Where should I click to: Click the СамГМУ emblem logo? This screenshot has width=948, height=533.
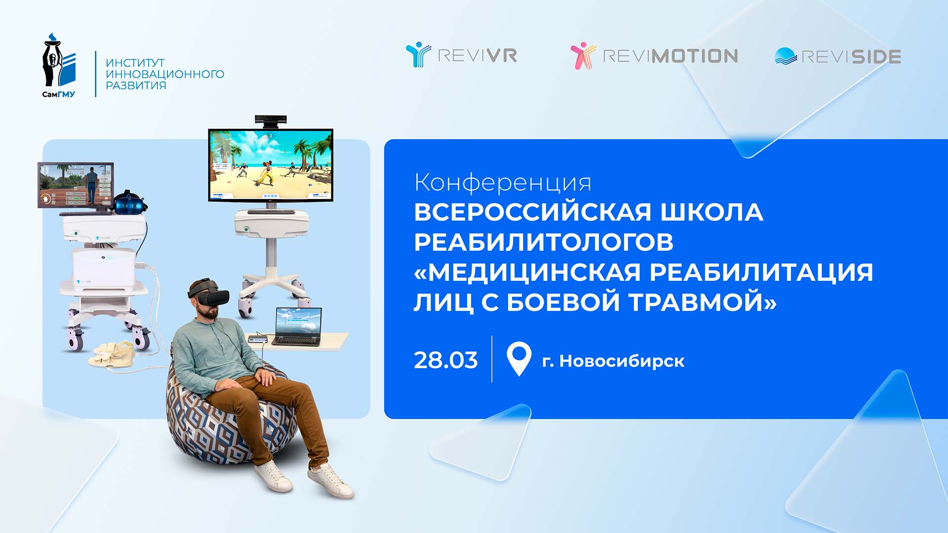tap(59, 65)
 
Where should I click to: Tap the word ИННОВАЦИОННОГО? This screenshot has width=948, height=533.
tap(165, 74)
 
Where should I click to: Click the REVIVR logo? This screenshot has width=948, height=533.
tap(461, 55)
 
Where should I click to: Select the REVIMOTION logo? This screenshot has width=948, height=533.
tap(654, 55)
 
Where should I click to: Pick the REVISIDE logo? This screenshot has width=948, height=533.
tap(838, 56)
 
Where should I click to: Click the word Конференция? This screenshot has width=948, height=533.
tap(503, 183)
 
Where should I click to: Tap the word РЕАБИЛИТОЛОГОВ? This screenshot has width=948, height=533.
tap(544, 242)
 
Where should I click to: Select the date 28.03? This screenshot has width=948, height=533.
tap(446, 360)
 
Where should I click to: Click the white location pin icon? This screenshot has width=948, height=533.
tap(519, 359)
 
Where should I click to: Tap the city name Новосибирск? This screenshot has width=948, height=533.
tap(622, 361)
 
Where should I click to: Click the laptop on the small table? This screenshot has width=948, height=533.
tap(298, 326)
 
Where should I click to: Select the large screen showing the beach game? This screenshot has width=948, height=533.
tap(271, 165)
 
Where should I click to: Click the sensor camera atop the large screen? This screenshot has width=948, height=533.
tap(271, 120)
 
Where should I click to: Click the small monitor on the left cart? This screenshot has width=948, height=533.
tap(76, 185)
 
